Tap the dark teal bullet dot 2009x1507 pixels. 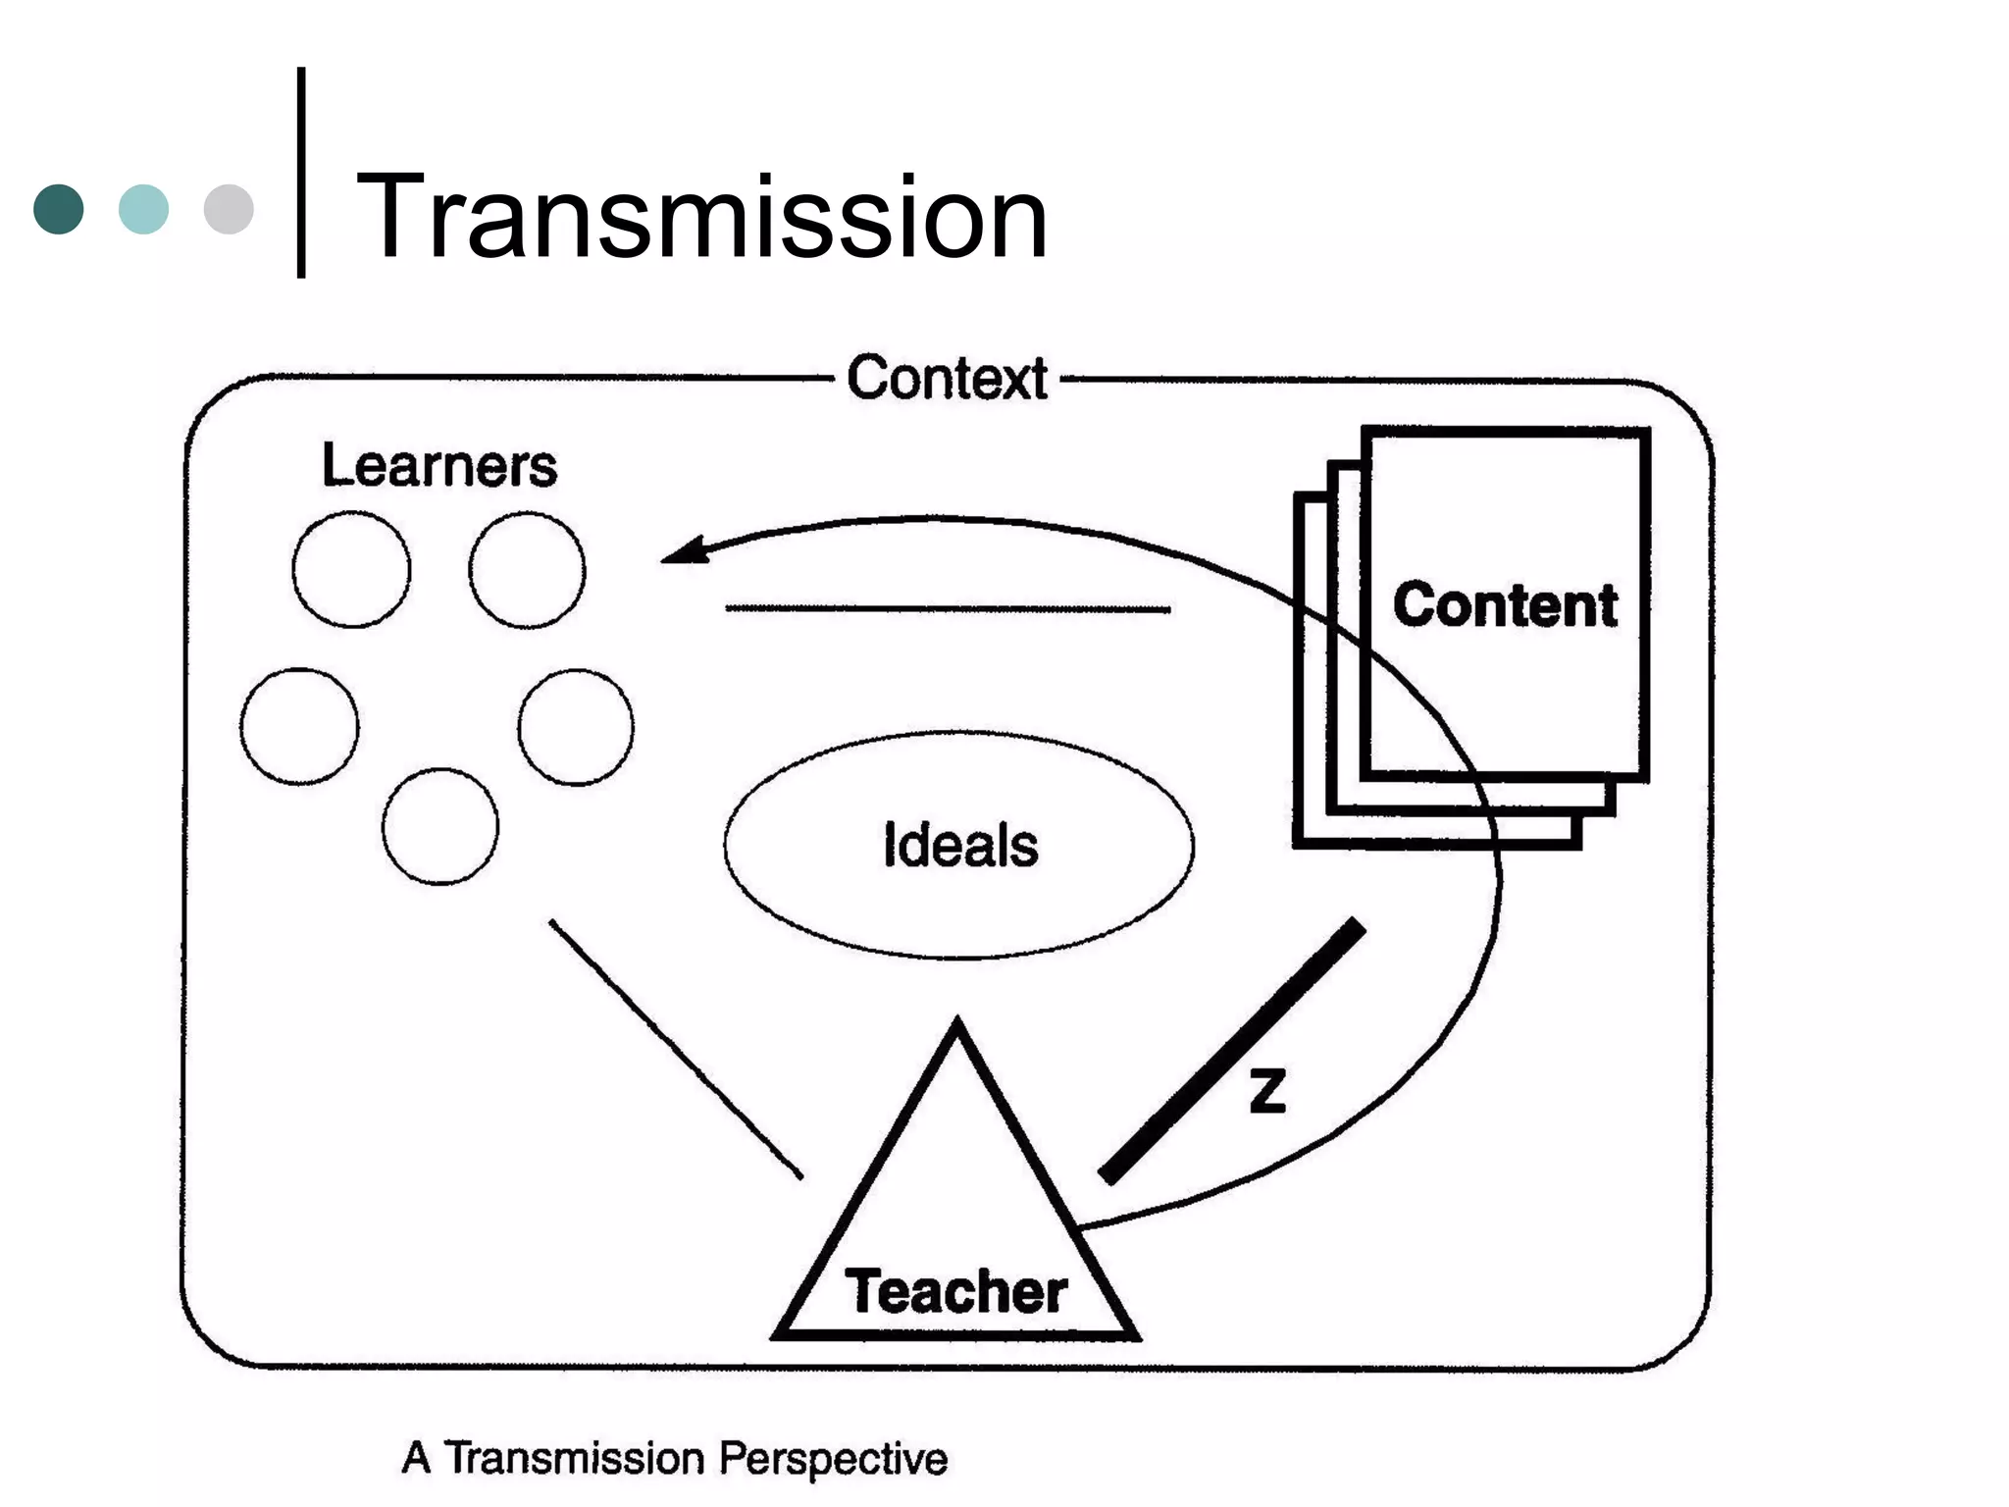click(x=59, y=209)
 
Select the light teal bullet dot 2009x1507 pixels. click(x=143, y=209)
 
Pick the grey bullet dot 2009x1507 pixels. click(x=229, y=209)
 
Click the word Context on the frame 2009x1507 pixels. click(x=947, y=378)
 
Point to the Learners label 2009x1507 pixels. click(x=438, y=465)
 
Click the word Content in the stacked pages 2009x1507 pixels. click(x=1505, y=604)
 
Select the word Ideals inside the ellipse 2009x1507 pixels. click(x=959, y=845)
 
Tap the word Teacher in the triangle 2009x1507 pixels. click(x=955, y=1291)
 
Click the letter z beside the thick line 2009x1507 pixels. click(x=1267, y=1091)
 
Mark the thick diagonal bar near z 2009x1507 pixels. click(x=1232, y=1051)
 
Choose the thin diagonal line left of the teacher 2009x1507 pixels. click(x=676, y=1049)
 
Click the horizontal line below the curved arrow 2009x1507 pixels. click(x=947, y=609)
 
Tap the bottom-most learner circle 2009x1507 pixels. click(x=440, y=826)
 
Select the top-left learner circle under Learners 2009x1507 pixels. click(x=351, y=569)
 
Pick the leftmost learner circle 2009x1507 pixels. click(x=299, y=726)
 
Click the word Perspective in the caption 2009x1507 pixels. click(x=833, y=1458)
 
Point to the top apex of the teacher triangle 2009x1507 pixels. click(x=957, y=1023)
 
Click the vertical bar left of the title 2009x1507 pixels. click(x=301, y=173)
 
